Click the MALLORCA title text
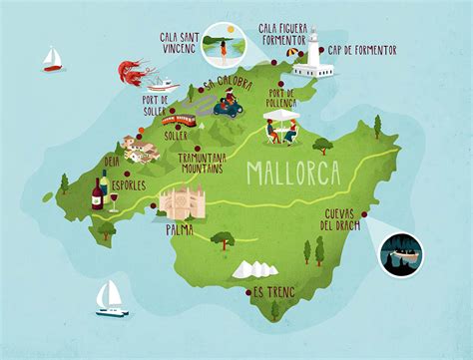[292, 173]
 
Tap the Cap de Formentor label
[365, 50]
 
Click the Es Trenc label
[273, 292]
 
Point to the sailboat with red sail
[53, 60]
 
